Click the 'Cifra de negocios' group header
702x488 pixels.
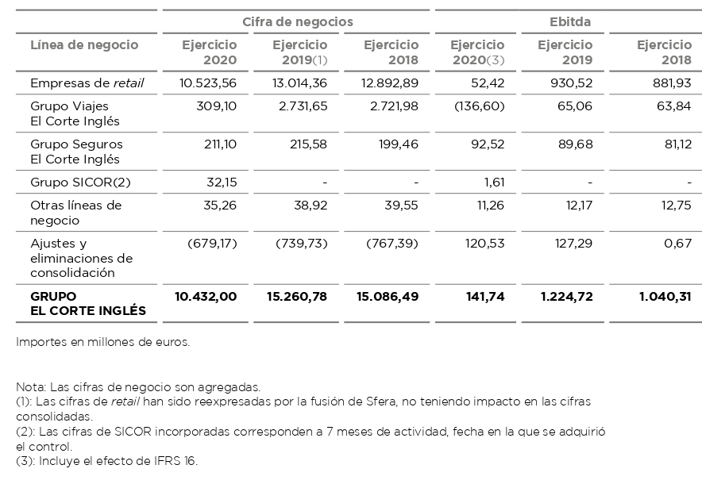pos(297,22)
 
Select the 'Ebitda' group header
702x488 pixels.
pos(569,22)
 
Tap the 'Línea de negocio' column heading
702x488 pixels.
pos(84,45)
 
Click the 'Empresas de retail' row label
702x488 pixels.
pos(87,83)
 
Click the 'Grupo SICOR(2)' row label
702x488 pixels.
pos(79,183)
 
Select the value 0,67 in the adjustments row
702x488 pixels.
pos(677,243)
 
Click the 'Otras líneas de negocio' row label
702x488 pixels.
pos(75,212)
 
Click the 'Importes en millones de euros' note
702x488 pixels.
pos(102,343)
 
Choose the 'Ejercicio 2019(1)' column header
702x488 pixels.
pos(299,52)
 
